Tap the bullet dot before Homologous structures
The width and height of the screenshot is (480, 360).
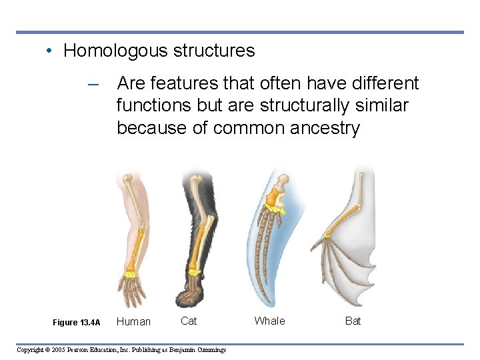coord(51,51)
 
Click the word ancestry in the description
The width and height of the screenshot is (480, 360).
coord(325,127)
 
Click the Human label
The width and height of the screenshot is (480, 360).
coord(133,321)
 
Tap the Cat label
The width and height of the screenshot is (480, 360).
coord(189,321)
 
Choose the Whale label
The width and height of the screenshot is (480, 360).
coord(269,321)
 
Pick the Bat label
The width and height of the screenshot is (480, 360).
coord(353,321)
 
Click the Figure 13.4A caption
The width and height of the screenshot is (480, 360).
coord(76,323)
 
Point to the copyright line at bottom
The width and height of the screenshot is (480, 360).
coord(121,349)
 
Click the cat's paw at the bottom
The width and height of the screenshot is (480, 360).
coord(193,293)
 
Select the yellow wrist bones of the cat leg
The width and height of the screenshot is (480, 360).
coord(194,271)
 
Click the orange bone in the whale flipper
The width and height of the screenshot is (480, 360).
coord(272,197)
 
